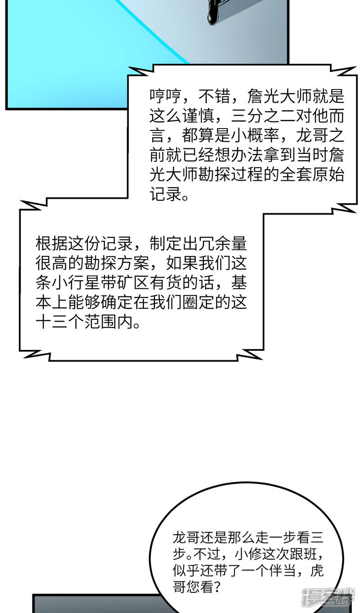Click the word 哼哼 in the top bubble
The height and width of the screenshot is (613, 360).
tap(166, 96)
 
